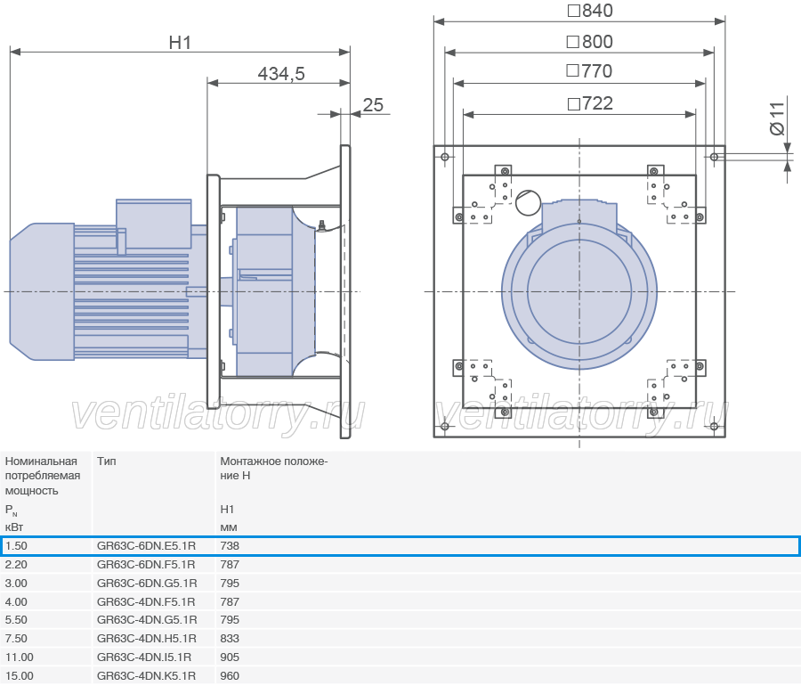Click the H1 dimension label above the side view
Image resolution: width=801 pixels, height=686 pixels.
tap(180, 43)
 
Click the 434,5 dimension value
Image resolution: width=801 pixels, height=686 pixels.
tap(281, 74)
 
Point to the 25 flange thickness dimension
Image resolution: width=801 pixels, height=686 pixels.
tap(373, 105)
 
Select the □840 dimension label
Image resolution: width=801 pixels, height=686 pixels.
tap(590, 11)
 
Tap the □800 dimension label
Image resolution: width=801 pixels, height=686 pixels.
tap(590, 42)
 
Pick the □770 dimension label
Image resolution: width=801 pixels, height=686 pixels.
tap(589, 71)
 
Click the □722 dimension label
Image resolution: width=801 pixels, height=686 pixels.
tap(590, 103)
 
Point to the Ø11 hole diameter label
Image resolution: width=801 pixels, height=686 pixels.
tap(776, 118)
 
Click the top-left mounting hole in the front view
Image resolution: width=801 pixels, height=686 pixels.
tap(445, 157)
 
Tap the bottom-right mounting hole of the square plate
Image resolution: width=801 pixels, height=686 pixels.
tap(714, 426)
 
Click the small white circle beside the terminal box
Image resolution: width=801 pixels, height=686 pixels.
tap(528, 202)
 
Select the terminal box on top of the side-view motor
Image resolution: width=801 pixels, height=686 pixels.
tap(154, 224)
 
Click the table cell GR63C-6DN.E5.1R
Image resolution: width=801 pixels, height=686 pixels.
tap(146, 546)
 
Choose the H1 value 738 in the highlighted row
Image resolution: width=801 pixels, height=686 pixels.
tap(230, 546)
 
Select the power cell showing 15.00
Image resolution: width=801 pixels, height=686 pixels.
tap(20, 676)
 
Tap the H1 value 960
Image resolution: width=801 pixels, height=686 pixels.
tap(230, 676)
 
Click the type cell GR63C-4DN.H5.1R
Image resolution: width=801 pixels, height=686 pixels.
tap(146, 639)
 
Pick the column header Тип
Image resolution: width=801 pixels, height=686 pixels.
tap(106, 461)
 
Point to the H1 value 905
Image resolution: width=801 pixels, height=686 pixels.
tap(230, 657)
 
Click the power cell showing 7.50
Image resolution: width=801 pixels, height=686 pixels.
tap(16, 639)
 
